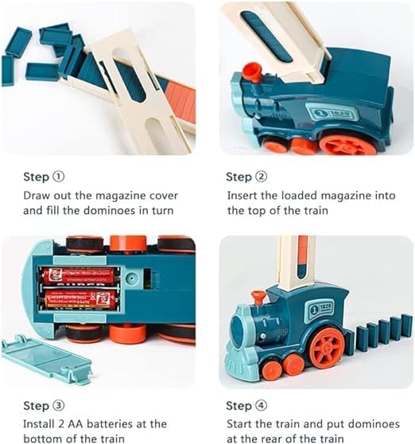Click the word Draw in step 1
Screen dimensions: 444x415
[37, 196]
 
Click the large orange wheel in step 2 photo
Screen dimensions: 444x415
[347, 143]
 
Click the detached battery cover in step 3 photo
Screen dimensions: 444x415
[47, 358]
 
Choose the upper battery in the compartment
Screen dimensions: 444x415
[80, 276]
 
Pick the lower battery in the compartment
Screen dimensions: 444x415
[80, 299]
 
